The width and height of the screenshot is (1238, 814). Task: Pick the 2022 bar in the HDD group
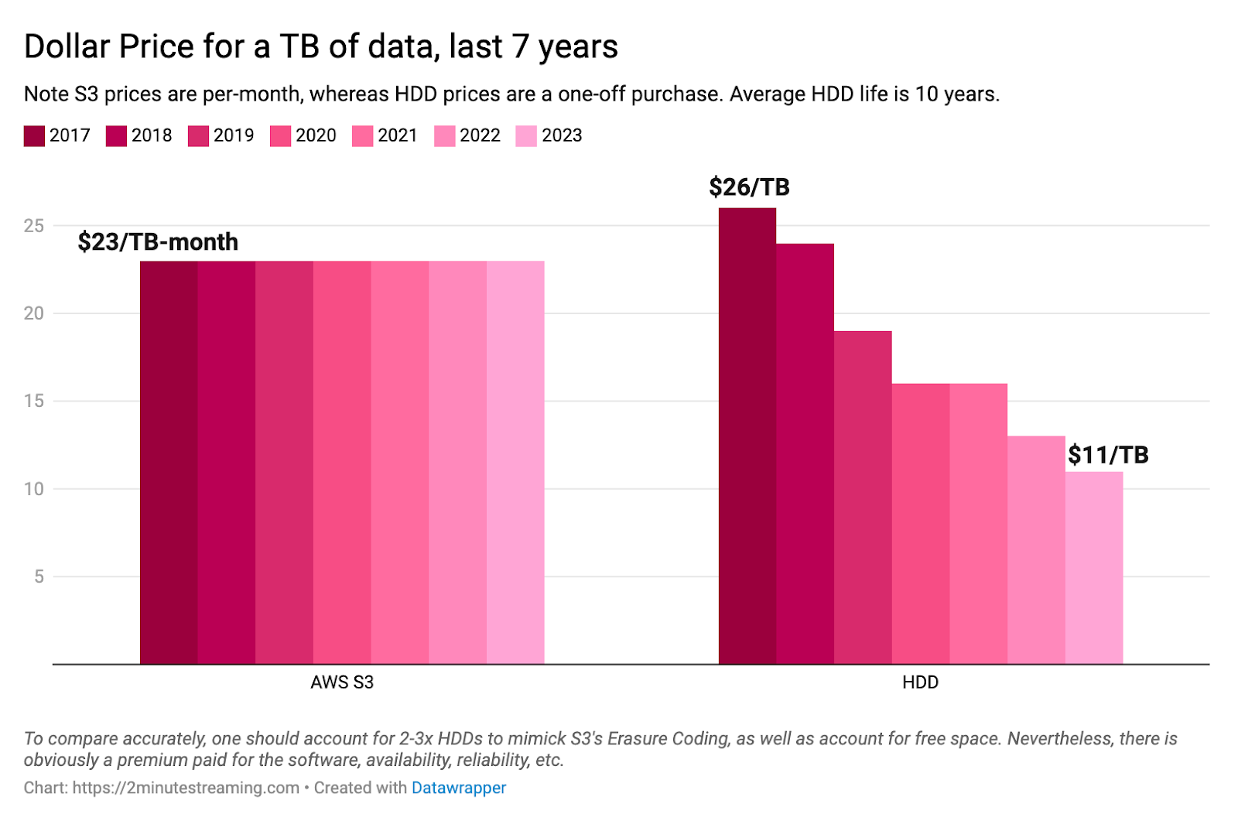click(1036, 549)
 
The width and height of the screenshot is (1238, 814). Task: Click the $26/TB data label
click(749, 187)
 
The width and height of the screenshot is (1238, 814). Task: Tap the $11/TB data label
click(1108, 455)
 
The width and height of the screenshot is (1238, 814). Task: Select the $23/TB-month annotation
click(158, 242)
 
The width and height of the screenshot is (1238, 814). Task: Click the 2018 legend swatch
click(116, 136)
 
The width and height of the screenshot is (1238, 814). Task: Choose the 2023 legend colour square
click(526, 136)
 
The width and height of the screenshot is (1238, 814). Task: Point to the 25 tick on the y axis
click(34, 226)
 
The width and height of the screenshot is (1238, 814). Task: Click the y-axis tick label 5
click(39, 576)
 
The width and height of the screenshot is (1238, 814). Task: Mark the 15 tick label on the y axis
click(34, 401)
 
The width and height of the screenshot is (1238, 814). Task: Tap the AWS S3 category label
click(342, 682)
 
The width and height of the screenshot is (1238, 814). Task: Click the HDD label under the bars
click(920, 682)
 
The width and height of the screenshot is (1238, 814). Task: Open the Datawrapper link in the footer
click(459, 788)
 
